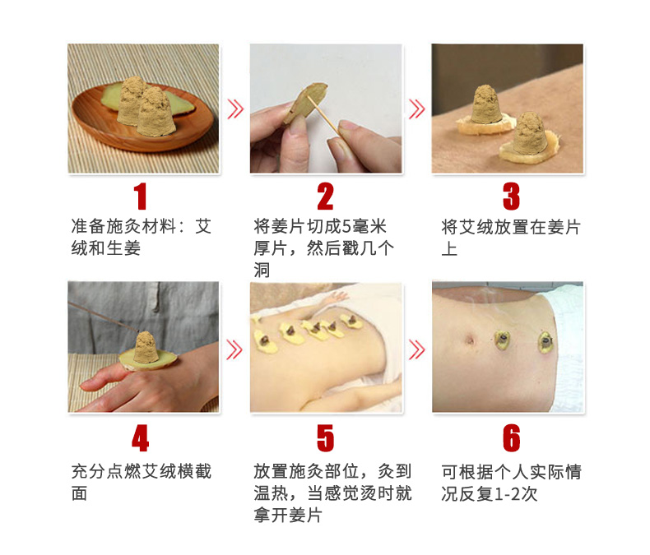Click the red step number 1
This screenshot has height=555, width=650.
[x=141, y=197]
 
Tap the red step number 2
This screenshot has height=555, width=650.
[x=326, y=197]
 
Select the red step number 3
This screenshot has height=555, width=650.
[x=511, y=197]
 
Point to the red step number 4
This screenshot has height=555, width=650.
[x=141, y=438]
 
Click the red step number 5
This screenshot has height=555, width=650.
[x=326, y=438]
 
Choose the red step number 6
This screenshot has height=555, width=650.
[x=512, y=438]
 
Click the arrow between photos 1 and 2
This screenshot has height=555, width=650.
[x=235, y=109]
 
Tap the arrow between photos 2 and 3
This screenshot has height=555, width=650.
[x=416, y=109]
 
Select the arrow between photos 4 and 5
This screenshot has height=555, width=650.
[x=234, y=349]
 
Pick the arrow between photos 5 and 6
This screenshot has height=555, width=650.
[x=416, y=349]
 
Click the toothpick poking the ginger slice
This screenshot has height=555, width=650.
[x=324, y=117]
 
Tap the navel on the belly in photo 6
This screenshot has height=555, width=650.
[x=470, y=340]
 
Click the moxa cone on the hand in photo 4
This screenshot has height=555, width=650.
[x=145, y=347]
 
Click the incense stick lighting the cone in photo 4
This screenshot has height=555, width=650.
[x=103, y=317]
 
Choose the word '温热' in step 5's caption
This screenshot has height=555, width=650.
[x=272, y=493]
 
